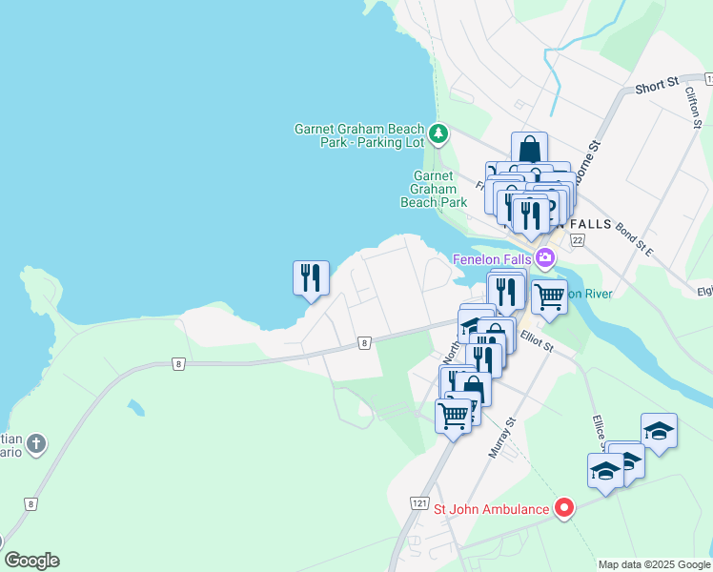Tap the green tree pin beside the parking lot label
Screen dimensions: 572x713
(438, 133)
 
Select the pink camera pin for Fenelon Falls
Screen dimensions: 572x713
(545, 256)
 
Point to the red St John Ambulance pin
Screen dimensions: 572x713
(563, 508)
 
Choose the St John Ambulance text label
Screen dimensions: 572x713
(491, 509)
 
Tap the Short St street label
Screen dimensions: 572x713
(655, 87)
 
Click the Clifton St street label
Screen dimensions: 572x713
(693, 110)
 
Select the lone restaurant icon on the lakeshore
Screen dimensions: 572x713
(311, 278)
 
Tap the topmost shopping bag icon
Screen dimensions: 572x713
(529, 150)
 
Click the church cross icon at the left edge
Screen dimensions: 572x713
(36, 443)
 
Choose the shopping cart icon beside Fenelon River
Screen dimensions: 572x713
(549, 296)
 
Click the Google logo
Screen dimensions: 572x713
(31, 561)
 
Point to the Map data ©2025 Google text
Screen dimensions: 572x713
(653, 564)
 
